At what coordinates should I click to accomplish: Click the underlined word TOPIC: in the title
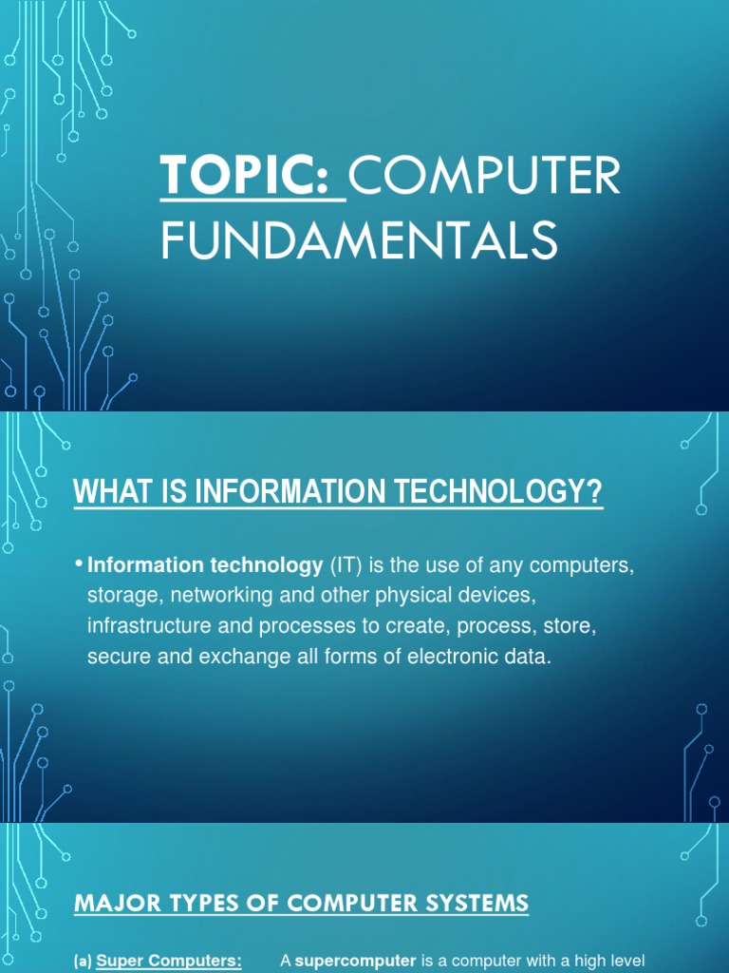tap(251, 178)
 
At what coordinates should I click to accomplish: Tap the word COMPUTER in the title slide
tap(486, 178)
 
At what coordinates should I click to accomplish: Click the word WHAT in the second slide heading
tap(103, 493)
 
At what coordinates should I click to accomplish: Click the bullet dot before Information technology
tap(79, 565)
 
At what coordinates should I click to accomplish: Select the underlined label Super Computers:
tap(170, 962)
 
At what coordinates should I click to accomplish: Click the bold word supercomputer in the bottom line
tap(355, 962)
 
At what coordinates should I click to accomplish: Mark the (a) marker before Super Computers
tap(84, 962)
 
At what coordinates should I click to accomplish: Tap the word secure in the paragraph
tap(114, 658)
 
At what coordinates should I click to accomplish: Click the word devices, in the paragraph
tap(480, 597)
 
